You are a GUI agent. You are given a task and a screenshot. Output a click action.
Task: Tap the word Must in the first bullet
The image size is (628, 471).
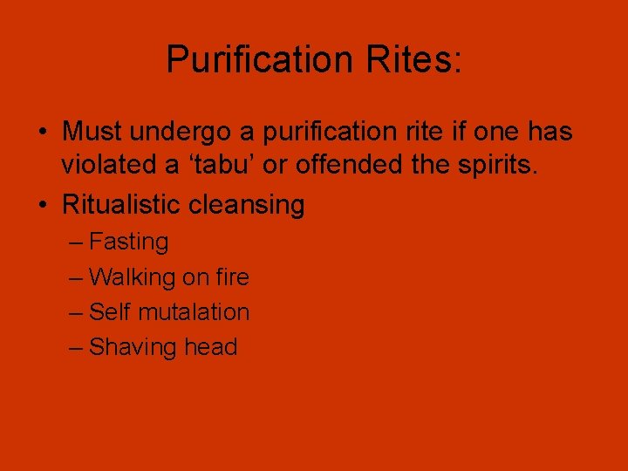pyautogui.click(x=92, y=132)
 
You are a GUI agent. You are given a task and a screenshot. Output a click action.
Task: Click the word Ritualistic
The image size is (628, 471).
pyautogui.click(x=120, y=205)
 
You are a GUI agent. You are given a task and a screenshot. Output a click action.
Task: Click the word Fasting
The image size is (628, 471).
pyautogui.click(x=129, y=242)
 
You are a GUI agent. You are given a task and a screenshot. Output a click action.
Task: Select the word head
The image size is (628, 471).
pyautogui.click(x=211, y=346)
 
